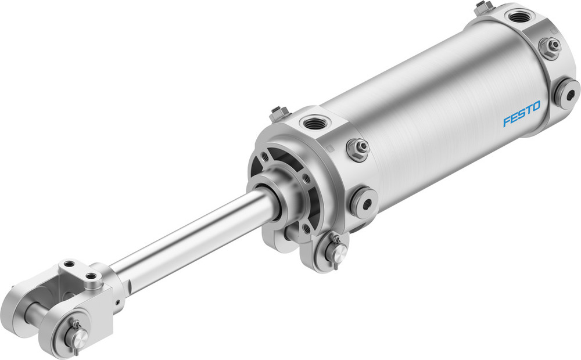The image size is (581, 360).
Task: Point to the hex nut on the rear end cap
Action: (x=550, y=46)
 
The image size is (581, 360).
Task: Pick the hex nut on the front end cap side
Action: (x=357, y=149)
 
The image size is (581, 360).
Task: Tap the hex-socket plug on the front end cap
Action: (x=364, y=201)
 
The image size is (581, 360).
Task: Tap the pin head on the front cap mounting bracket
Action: (x=336, y=251)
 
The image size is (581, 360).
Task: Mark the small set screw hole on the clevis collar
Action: (x=117, y=302)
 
